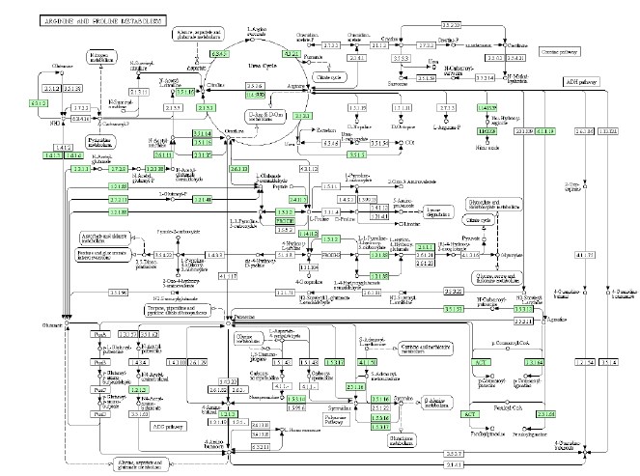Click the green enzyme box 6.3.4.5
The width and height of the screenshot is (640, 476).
[220, 51]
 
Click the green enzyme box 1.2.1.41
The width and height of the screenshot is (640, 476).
[201, 199]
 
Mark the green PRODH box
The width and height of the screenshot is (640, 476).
[286, 221]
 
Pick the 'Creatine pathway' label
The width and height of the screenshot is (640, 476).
[561, 50]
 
